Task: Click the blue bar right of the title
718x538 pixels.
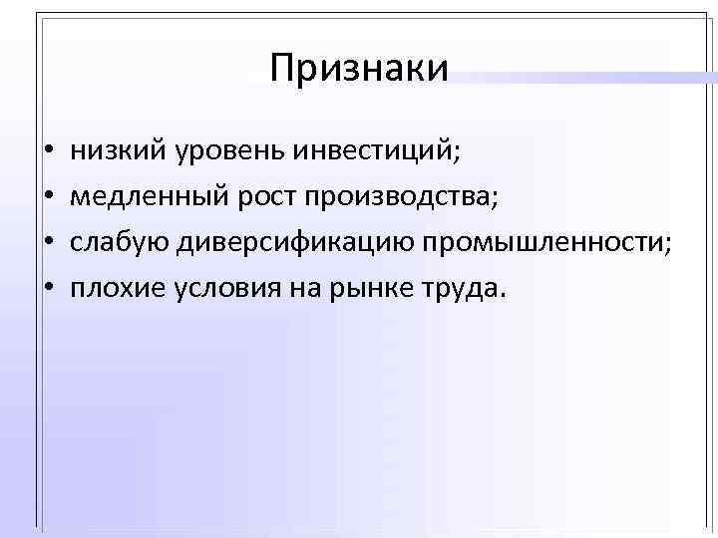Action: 588,76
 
